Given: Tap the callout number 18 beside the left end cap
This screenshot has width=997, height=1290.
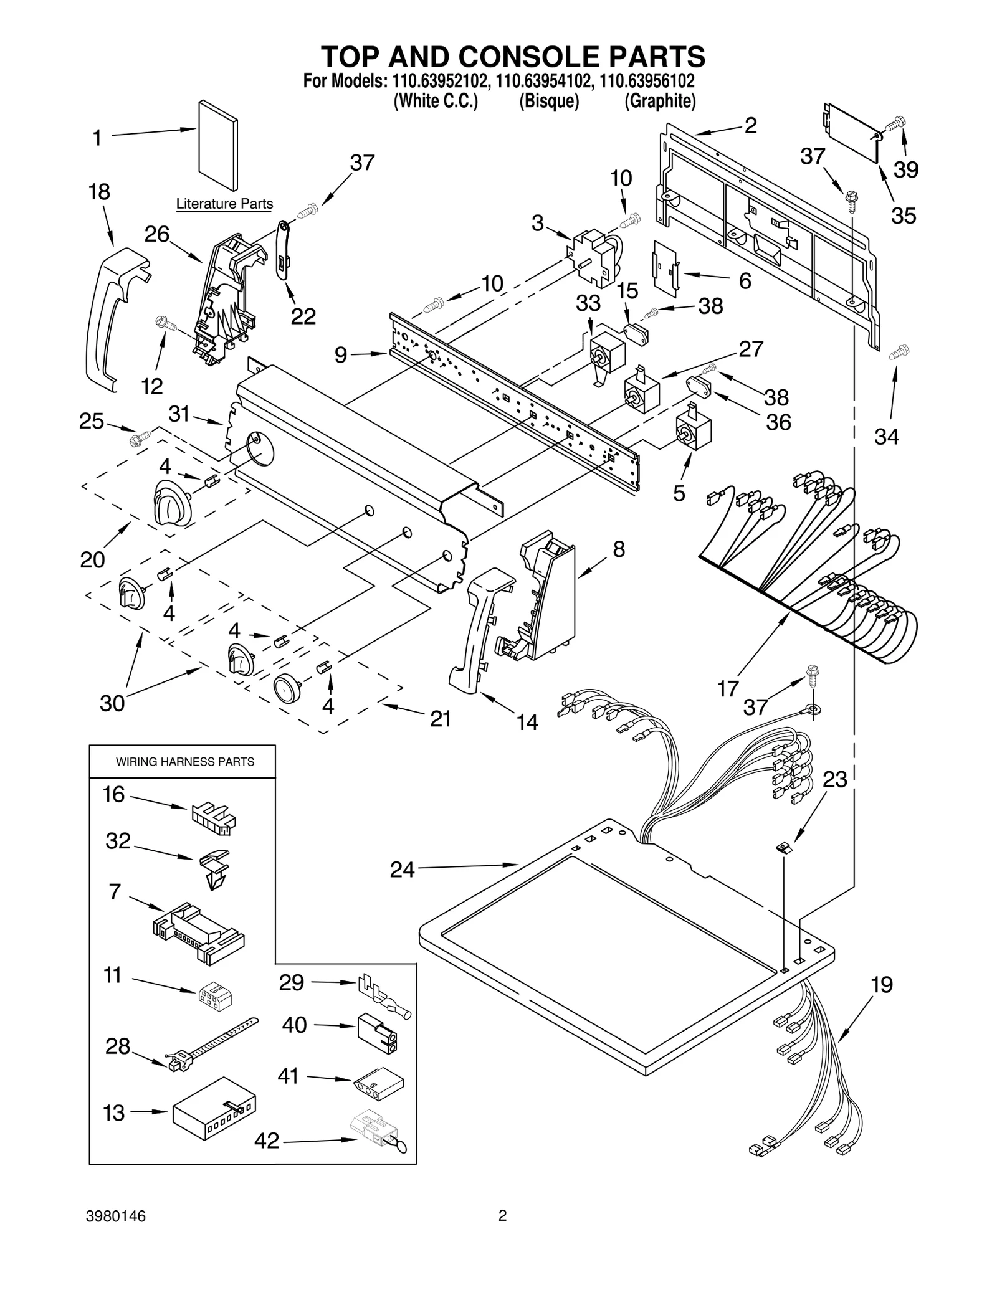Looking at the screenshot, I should [x=100, y=192].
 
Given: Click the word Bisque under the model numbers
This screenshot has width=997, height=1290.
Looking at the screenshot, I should [x=549, y=101].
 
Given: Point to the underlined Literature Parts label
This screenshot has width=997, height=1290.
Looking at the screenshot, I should [x=224, y=204].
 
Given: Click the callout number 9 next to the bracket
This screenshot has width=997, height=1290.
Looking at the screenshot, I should [x=341, y=355].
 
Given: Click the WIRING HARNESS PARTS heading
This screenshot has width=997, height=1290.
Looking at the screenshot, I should [x=185, y=762].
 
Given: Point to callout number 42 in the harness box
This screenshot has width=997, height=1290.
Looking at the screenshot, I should [x=267, y=1141].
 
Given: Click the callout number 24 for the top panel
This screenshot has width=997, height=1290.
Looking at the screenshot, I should [x=402, y=870].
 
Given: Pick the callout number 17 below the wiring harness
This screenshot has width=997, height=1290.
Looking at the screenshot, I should [x=728, y=688].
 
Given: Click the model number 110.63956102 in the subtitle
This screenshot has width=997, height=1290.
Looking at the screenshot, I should [x=647, y=81].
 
